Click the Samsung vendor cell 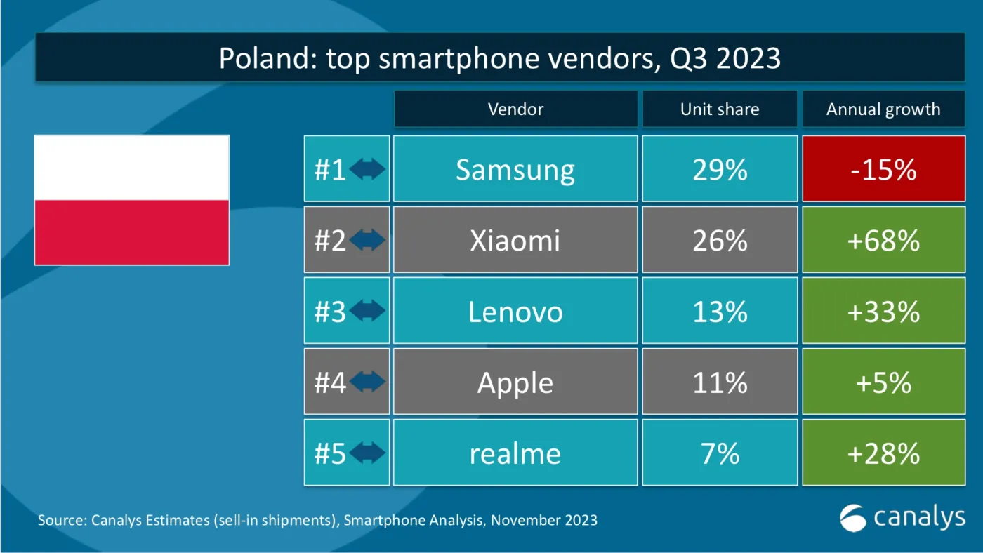click(x=515, y=169)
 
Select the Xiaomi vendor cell click(x=515, y=240)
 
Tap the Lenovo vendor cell click(x=515, y=311)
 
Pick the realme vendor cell click(x=515, y=453)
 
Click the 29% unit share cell click(x=719, y=169)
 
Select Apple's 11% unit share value click(x=719, y=382)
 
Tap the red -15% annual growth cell click(x=883, y=169)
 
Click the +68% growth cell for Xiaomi click(x=883, y=240)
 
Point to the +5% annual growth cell click(x=883, y=382)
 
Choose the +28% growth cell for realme click(x=883, y=453)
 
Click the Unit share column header click(x=719, y=109)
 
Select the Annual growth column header click(x=883, y=109)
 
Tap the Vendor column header click(x=515, y=109)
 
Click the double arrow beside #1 click(x=367, y=170)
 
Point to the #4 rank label click(x=330, y=382)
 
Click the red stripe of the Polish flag click(x=132, y=232)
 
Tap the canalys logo click(x=902, y=518)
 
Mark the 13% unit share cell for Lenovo click(x=719, y=311)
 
